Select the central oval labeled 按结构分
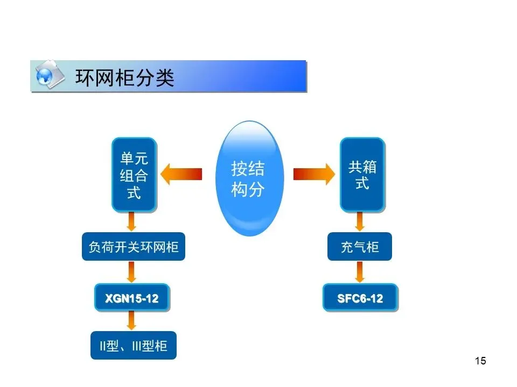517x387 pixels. [248, 178]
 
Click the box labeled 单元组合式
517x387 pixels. [134, 175]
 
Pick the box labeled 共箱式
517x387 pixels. [362, 175]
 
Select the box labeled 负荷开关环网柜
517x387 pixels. [134, 247]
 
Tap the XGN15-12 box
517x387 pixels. [132, 298]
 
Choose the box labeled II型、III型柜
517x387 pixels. [134, 346]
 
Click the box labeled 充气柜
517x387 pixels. [360, 247]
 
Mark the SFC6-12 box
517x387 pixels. [360, 298]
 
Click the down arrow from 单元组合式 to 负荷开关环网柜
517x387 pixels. [131, 221]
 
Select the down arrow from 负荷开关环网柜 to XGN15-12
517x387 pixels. [131, 271]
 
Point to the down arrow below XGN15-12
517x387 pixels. [131, 321]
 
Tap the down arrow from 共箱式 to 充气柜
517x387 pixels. [360, 221]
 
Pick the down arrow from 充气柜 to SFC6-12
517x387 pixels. [360, 271]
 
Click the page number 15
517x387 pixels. [480, 361]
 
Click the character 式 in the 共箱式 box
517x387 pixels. [362, 183]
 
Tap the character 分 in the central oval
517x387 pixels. [256, 189]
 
